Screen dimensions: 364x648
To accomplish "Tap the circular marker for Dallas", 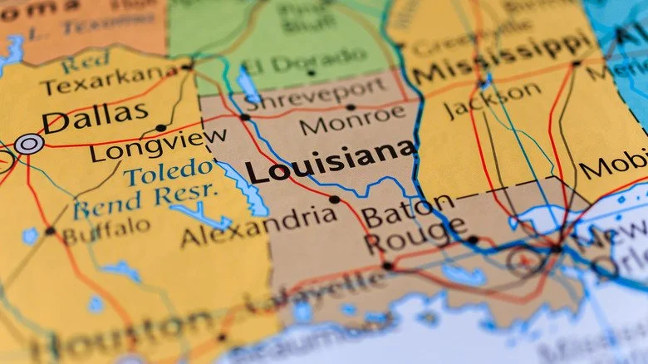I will [x=29, y=144].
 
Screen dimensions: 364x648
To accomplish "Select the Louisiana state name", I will [x=330, y=163].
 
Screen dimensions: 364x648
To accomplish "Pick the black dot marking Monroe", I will [x=351, y=106].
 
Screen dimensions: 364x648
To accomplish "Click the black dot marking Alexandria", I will [x=334, y=199].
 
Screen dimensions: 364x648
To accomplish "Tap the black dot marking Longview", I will [x=160, y=128].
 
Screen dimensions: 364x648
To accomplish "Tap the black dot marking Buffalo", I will [x=50, y=230].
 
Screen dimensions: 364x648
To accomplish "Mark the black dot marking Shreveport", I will [x=245, y=117].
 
